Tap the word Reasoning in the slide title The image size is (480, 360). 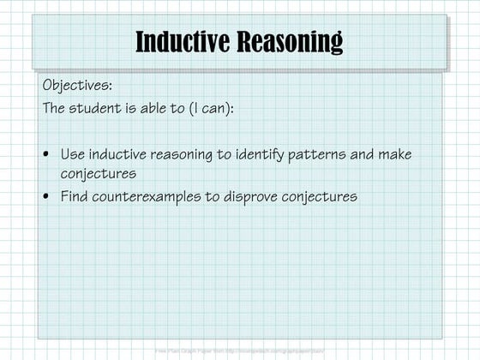click(287, 40)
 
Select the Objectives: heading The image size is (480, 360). click(77, 87)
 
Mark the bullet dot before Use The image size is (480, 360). click(45, 155)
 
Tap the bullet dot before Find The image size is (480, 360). click(45, 197)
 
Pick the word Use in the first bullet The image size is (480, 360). click(72, 154)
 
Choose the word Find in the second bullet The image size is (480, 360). click(75, 196)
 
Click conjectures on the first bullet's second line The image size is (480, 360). click(99, 173)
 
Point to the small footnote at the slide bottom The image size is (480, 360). click(240, 351)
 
